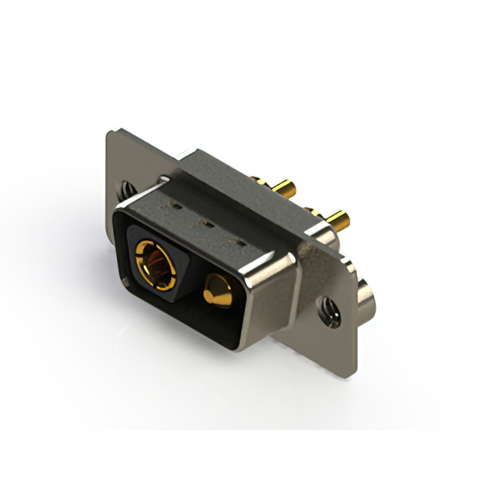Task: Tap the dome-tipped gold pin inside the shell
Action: pyautogui.click(x=217, y=291)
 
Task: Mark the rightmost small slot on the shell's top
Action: pyautogui.click(x=241, y=243)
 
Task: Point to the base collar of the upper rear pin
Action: pyautogui.click(x=258, y=182)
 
